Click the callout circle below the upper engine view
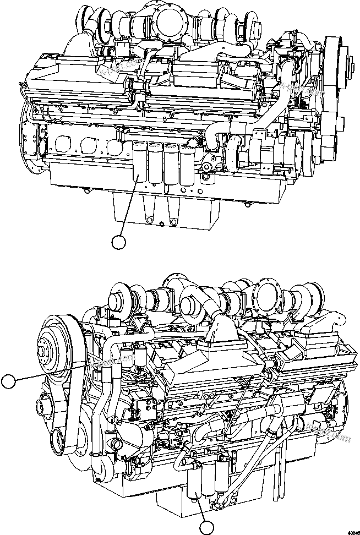[118, 241]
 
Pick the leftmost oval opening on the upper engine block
[63, 145]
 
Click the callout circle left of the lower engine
[9, 381]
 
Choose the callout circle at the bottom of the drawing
[206, 528]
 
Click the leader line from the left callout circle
[50, 372]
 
